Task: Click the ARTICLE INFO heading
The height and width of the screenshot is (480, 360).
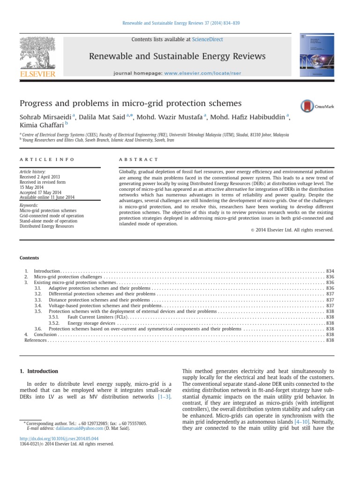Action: (x=47, y=160)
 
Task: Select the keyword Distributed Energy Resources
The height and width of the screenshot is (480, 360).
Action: (x=46, y=226)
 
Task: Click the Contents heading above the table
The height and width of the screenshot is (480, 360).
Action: (x=29, y=258)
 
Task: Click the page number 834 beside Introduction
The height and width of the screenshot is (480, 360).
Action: (x=330, y=271)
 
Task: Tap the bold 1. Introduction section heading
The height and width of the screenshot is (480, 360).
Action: (x=38, y=371)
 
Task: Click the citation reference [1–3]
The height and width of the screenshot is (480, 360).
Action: (x=164, y=397)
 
